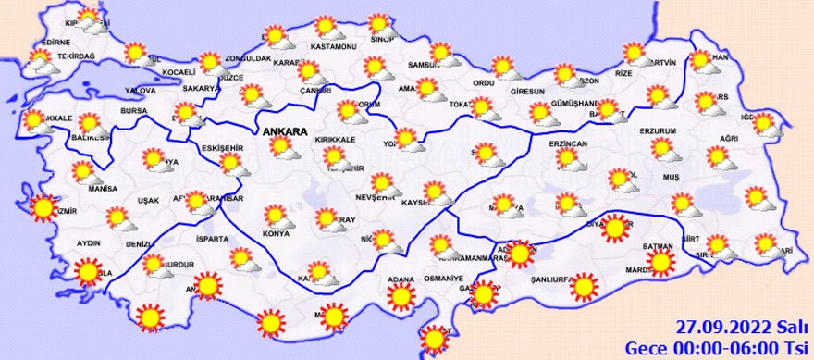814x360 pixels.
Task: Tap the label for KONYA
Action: click(x=277, y=233)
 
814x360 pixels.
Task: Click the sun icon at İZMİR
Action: click(x=43, y=208)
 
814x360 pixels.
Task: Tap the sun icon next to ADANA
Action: click(x=401, y=296)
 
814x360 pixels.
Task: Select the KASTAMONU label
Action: click(x=334, y=46)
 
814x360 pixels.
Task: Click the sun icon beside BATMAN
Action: click(x=660, y=263)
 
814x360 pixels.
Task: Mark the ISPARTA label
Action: click(x=210, y=239)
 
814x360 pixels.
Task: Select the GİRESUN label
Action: click(x=529, y=92)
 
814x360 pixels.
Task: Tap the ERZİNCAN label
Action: click(x=568, y=145)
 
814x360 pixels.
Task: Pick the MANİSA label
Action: click(x=89, y=188)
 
